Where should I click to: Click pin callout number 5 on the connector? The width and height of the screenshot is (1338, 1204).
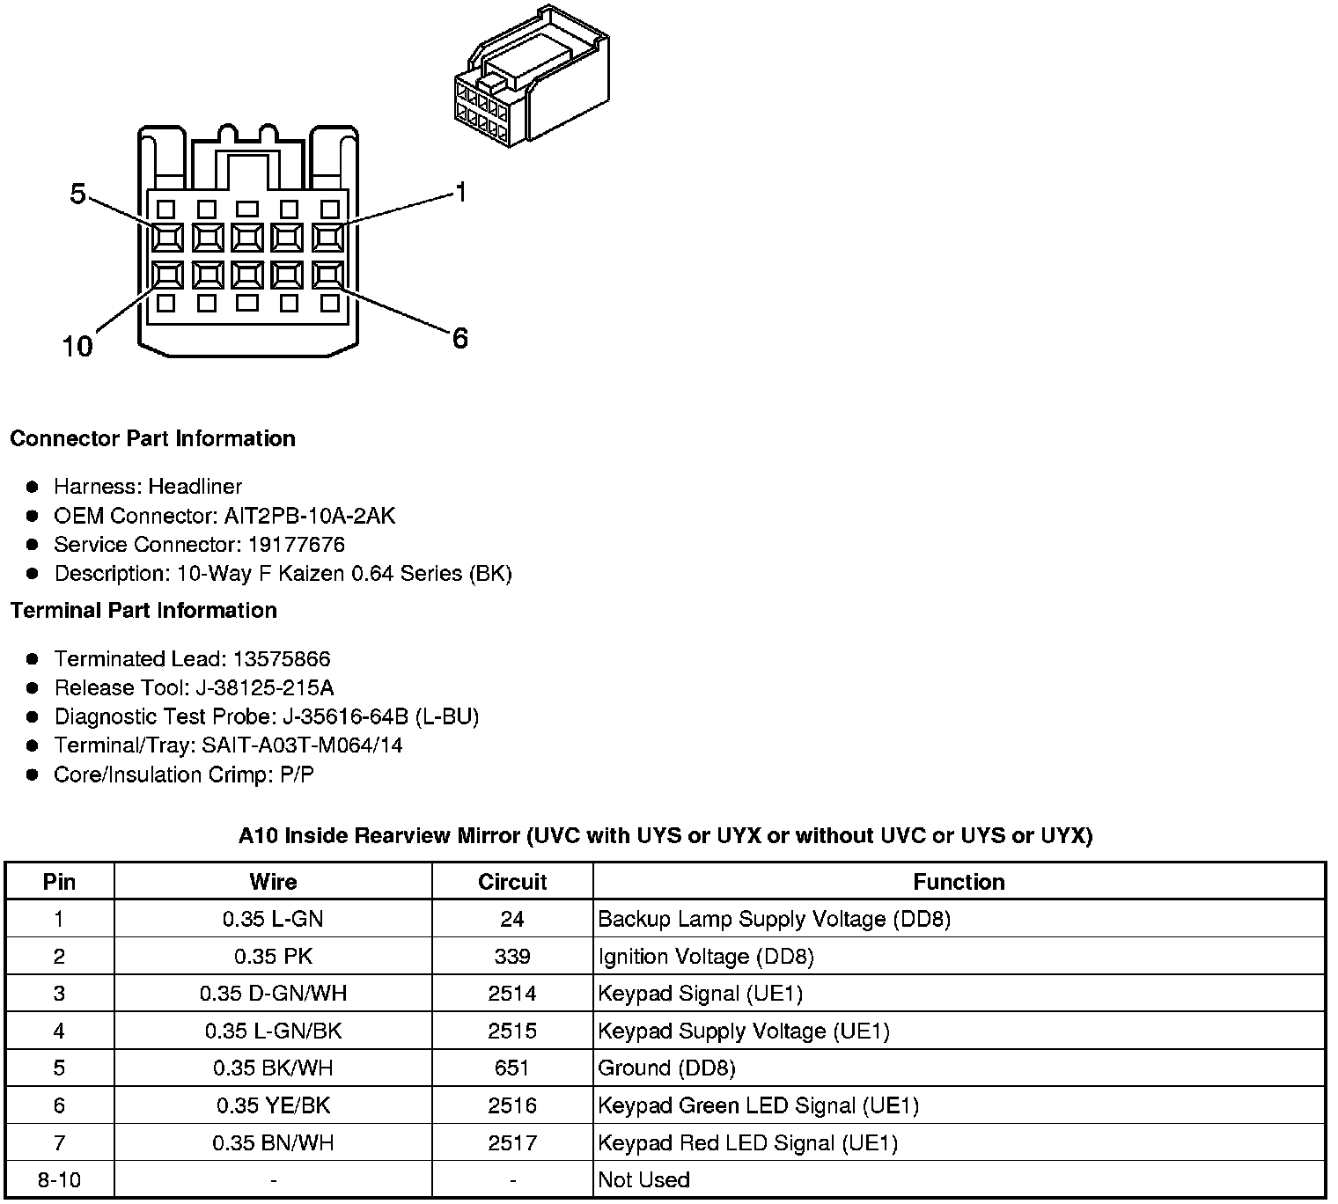[77, 194]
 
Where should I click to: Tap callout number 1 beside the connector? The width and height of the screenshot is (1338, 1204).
[460, 192]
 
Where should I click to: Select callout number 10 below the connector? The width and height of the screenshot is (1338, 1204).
[77, 346]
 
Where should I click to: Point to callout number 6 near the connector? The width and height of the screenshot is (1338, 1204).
[459, 338]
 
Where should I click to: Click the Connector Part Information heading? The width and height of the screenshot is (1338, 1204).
[152, 438]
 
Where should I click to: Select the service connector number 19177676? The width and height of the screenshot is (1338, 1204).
[296, 544]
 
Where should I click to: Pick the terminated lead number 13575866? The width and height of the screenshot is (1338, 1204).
[281, 658]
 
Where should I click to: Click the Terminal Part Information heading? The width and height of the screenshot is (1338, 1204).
[143, 610]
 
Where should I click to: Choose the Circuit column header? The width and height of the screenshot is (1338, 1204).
[512, 882]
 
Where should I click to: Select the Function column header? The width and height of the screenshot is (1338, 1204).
[959, 882]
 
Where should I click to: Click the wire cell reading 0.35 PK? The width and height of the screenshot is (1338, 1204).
[273, 957]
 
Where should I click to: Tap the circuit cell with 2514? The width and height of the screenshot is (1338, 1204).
[512, 994]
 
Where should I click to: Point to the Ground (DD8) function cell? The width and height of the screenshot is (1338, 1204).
[666, 1068]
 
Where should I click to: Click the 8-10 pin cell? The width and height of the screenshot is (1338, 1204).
[59, 1179]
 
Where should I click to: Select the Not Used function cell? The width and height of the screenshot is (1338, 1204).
[643, 1179]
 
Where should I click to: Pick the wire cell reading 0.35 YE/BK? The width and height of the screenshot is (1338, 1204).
[273, 1105]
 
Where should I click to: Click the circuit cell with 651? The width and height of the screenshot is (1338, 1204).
[512, 1068]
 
